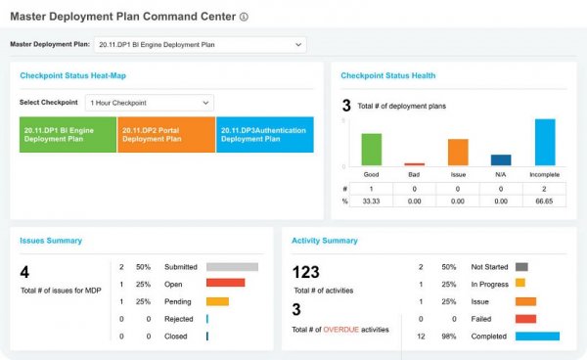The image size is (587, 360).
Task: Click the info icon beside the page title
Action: pyautogui.click(x=244, y=17)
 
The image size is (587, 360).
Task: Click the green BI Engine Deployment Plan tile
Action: pyautogui.click(x=67, y=133)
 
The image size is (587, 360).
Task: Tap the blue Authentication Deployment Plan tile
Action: pyautogui.click(x=264, y=133)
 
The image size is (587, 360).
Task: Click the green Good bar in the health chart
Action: pyautogui.click(x=371, y=149)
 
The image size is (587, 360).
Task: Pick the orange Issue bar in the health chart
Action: pyautogui.click(x=458, y=152)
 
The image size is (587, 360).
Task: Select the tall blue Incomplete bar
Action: pyautogui.click(x=545, y=142)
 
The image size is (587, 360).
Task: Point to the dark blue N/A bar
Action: pyautogui.click(x=501, y=159)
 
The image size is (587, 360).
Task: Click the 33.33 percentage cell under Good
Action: pyautogui.click(x=371, y=201)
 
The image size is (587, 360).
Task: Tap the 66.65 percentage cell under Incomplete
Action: pyautogui.click(x=544, y=201)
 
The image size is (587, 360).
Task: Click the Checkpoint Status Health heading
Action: pyautogui.click(x=387, y=75)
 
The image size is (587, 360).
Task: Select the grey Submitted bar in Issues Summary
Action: pyautogui.click(x=232, y=266)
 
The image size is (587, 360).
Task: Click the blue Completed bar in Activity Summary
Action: pyautogui.click(x=537, y=336)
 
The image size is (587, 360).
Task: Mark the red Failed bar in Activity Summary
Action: pyautogui.click(x=525, y=318)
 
